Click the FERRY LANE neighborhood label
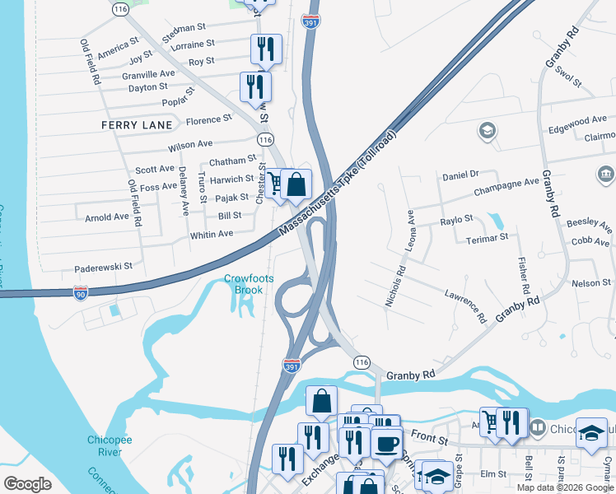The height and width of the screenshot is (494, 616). point(137,124)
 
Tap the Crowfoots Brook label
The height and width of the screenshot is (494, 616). point(244,284)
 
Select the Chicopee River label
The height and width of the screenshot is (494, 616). point(105,445)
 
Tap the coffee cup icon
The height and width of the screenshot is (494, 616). point(385,444)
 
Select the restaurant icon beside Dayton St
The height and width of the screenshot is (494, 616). point(255,86)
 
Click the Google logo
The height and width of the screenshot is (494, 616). point(27,484)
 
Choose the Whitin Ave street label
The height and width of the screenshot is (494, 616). point(212,234)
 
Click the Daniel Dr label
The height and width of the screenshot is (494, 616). point(460,175)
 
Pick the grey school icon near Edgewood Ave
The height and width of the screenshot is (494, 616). point(488,131)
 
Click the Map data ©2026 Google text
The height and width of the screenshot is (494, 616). point(566,487)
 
